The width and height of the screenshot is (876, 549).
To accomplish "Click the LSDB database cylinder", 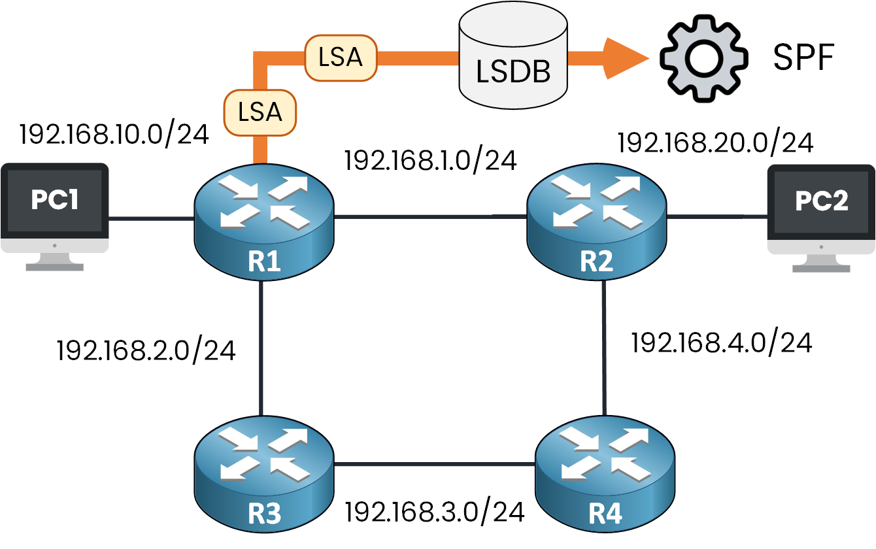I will (x=513, y=59).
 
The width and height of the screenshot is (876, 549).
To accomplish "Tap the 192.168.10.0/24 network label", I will (x=114, y=134).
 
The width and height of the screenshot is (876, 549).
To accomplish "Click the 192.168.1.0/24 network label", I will (x=431, y=160).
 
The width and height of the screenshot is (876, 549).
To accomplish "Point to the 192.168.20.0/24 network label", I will (x=716, y=143).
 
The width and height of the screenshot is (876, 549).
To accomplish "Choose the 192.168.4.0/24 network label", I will (x=721, y=342).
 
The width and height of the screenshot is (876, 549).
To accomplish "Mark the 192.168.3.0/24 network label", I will (x=435, y=512).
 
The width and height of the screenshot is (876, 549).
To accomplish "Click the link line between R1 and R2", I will (x=431, y=215).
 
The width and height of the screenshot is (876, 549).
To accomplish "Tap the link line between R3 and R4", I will (x=435, y=465).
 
